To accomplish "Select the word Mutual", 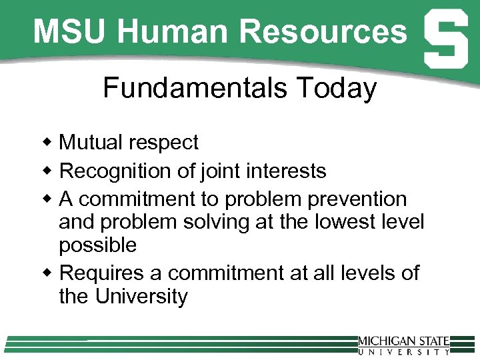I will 92,142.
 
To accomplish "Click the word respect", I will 165,143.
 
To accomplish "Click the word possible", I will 97,245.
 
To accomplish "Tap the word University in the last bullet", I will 142,296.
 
